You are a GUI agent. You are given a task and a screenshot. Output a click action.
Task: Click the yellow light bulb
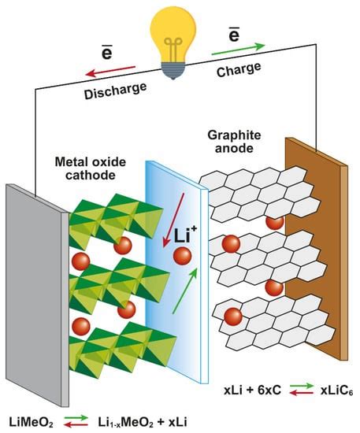point(173,42)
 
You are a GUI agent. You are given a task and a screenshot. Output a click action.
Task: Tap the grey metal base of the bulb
point(173,71)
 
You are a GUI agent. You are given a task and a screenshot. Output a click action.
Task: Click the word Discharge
point(116,91)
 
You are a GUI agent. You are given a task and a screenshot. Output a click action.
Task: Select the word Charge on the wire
point(239,69)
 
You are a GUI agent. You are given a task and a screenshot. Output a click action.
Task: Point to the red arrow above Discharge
point(110,71)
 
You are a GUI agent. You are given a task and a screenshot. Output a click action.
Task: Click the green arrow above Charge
point(239,49)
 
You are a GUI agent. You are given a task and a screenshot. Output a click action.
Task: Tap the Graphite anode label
point(234,142)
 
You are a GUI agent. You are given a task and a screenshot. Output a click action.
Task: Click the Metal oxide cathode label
point(91,168)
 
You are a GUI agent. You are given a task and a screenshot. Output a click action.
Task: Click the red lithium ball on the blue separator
point(182,256)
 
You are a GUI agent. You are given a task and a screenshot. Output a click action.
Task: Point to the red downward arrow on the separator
point(173,220)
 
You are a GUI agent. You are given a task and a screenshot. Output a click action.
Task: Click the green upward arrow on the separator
point(185,291)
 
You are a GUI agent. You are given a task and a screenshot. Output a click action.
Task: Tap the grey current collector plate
point(37,295)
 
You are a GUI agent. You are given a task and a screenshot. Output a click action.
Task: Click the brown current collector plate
point(317,248)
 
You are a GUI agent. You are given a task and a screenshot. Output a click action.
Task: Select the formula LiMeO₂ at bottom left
point(32,423)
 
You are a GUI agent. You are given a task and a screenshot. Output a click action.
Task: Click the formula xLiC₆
point(337,390)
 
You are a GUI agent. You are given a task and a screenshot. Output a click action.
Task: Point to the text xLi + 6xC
point(253,390)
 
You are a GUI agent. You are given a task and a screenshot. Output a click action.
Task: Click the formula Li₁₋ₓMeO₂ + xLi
point(143,423)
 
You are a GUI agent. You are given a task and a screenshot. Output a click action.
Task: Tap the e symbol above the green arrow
point(234,35)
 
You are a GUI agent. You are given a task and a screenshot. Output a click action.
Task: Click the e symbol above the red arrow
point(107,53)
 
